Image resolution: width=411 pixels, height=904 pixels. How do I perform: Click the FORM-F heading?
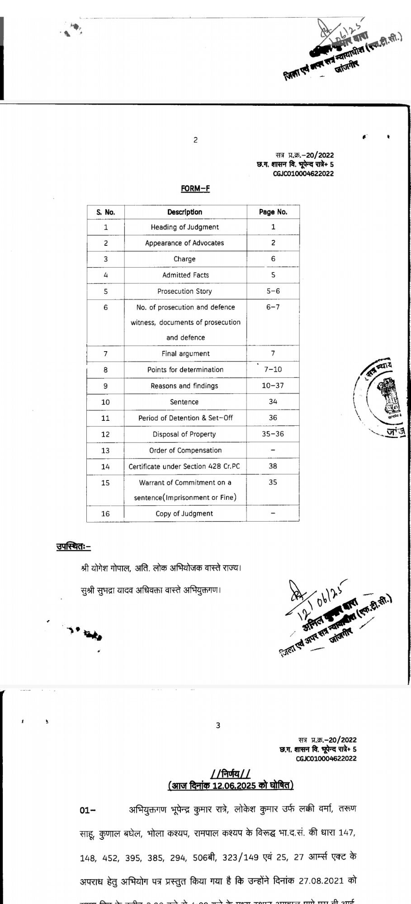coord(195,188)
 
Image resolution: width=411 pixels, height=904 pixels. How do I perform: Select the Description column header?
coord(184,212)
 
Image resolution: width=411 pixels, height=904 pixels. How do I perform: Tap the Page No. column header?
coord(273,212)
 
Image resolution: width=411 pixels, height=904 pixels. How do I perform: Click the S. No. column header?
coord(106,212)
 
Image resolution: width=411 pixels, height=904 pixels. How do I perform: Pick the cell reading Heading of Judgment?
coord(184,227)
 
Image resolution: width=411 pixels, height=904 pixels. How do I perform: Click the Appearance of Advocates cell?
coord(184,243)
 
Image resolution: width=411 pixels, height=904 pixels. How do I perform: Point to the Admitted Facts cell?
coord(185,275)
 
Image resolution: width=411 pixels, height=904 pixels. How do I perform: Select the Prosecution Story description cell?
coord(184,291)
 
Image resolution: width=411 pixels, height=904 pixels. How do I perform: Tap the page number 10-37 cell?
coord(273,386)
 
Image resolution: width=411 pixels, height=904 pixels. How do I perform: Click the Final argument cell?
coord(185,353)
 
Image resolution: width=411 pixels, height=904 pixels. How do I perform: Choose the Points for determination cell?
coord(185,369)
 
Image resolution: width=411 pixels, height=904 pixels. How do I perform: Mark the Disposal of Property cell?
coord(184,434)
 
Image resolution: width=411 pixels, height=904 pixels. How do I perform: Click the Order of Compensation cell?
coord(185,450)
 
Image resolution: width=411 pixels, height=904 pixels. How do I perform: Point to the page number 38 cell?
coord(273,466)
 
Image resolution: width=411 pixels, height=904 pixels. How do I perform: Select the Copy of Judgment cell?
coord(184,513)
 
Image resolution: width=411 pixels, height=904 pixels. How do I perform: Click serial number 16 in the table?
coord(105,513)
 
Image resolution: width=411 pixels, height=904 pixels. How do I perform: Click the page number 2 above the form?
coord(195,140)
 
